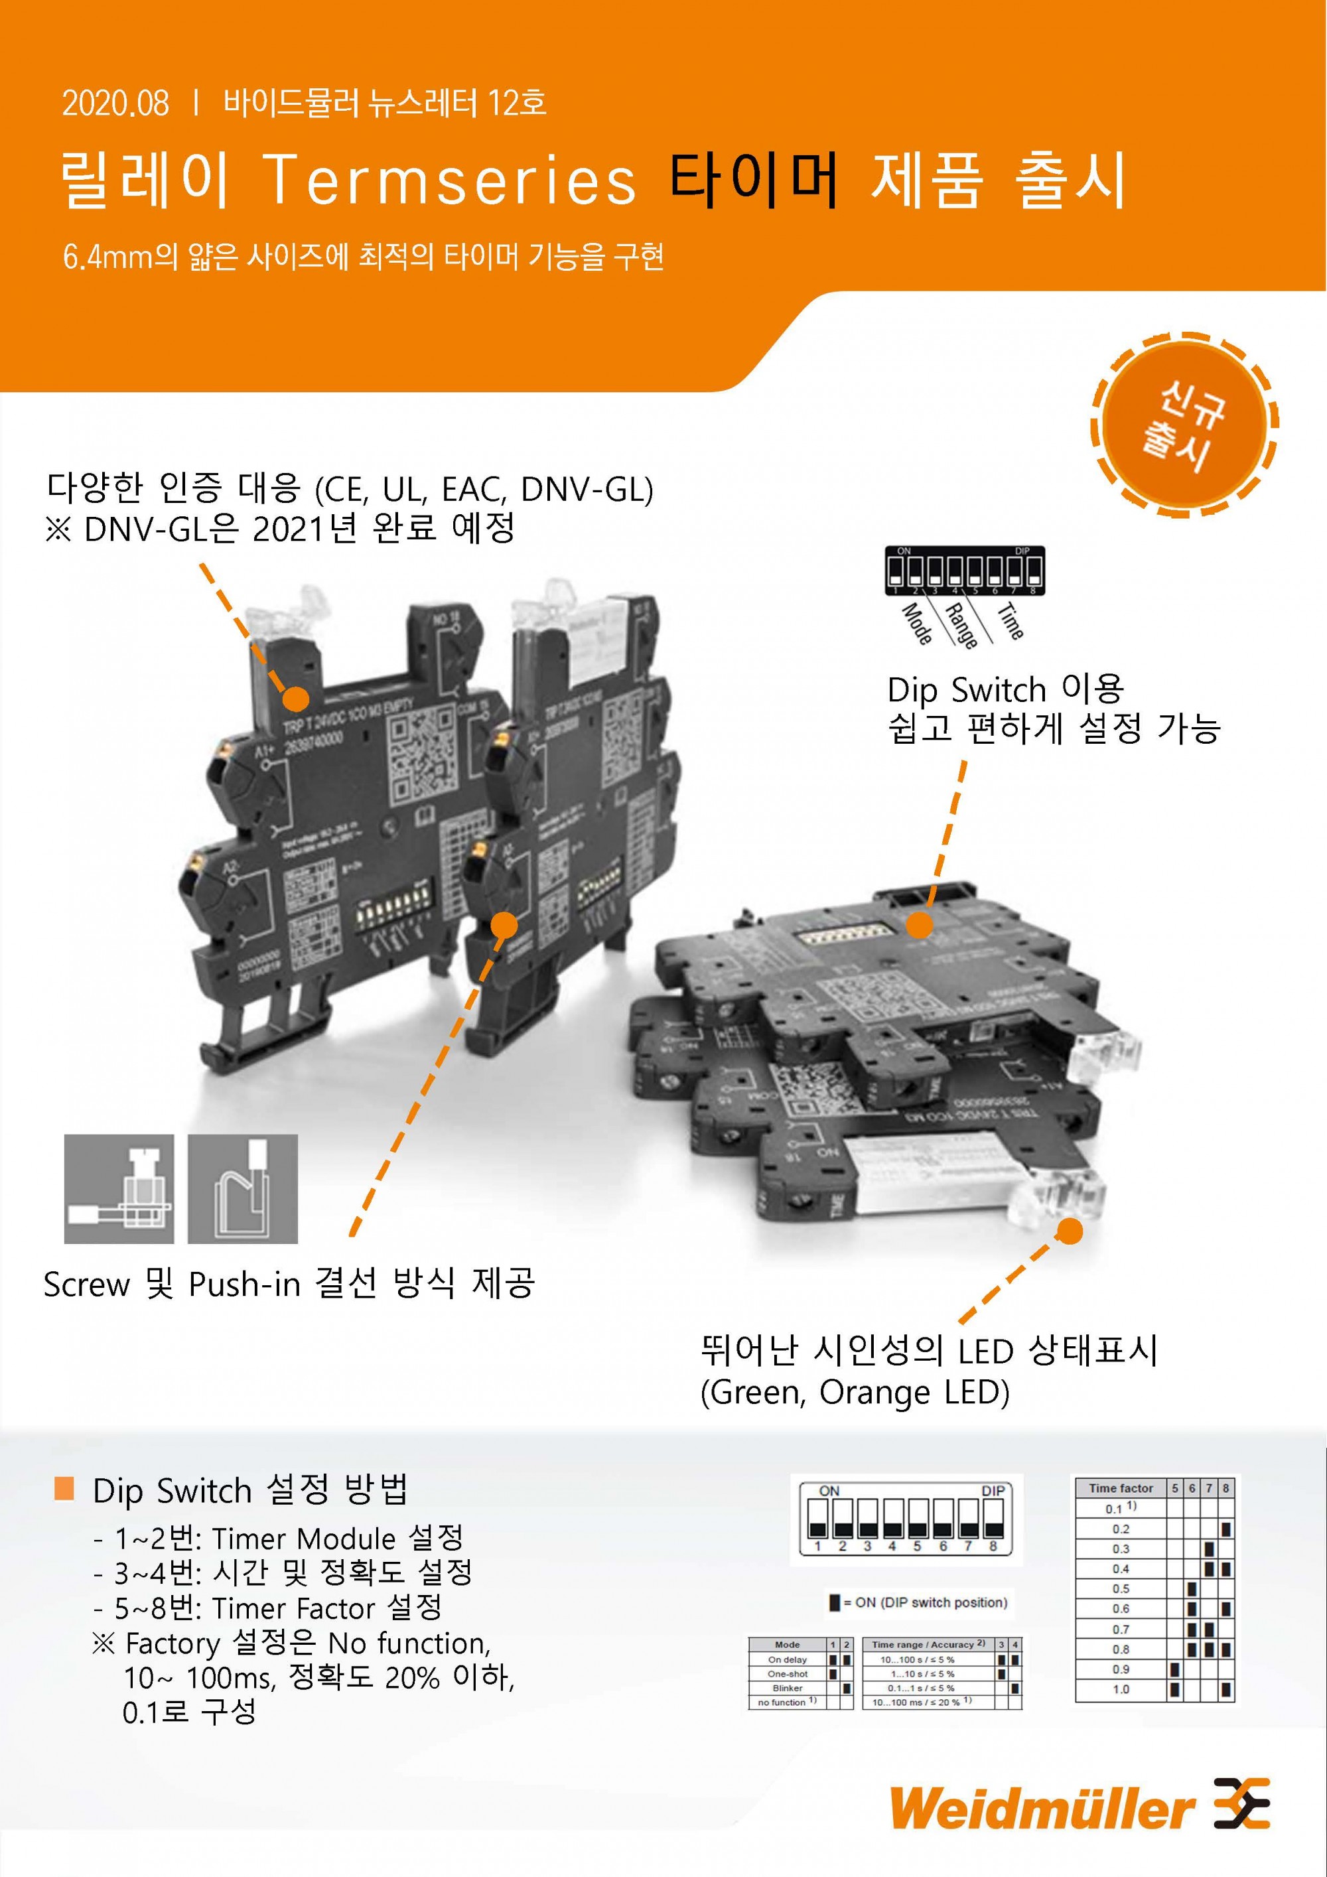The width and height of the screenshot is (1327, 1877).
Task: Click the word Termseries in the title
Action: coord(451,180)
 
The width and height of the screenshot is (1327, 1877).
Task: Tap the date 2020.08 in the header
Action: coord(115,103)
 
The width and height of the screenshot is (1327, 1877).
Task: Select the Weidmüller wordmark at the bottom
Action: coord(1042,1809)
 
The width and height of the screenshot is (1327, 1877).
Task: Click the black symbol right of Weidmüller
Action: coord(1241,1804)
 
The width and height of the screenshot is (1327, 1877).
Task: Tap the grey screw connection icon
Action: coord(119,1189)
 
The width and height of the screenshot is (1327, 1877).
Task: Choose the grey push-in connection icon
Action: coord(243,1189)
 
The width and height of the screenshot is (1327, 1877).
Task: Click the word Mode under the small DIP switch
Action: coord(916,624)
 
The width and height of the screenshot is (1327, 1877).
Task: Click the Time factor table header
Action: coord(1120,1488)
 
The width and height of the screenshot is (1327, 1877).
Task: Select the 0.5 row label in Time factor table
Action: coord(1120,1588)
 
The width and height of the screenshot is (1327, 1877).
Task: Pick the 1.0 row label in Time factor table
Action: coord(1120,1689)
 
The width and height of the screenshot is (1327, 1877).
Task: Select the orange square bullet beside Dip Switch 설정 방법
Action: coord(64,1489)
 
